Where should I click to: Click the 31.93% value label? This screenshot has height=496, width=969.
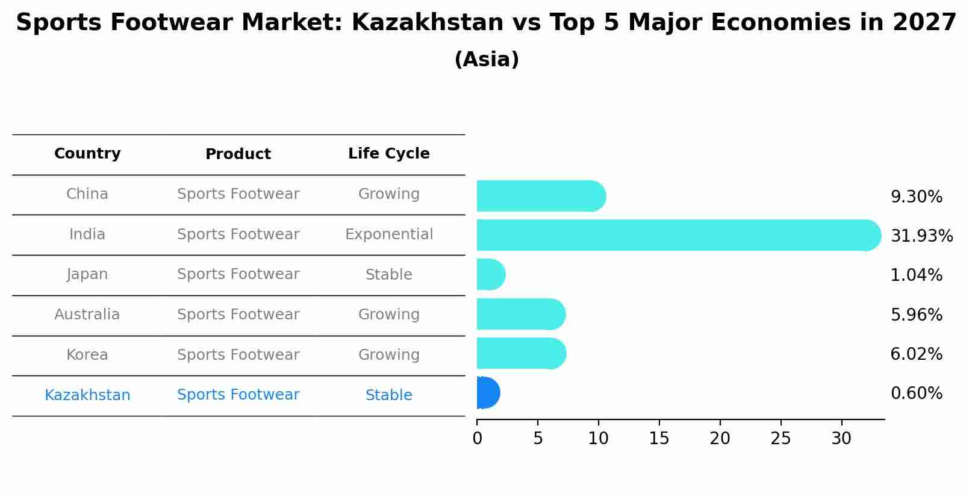[x=921, y=236]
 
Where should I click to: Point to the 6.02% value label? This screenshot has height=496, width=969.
[x=916, y=354]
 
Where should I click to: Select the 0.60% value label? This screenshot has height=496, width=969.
[x=916, y=394]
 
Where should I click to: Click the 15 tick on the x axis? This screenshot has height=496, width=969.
[x=659, y=439]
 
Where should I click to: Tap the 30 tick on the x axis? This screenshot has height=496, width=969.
[x=841, y=439]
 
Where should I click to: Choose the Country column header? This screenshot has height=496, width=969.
[x=87, y=154]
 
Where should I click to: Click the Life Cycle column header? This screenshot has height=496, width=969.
[x=388, y=154]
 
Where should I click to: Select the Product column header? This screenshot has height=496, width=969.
[x=238, y=154]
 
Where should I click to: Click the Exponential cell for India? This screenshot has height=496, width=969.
[x=388, y=234]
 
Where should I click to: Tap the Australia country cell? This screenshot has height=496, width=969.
[x=87, y=315]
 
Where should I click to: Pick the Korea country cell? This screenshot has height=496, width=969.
[x=87, y=355]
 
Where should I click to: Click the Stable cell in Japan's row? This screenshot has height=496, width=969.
[x=388, y=275]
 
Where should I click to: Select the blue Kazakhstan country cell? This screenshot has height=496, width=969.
[x=87, y=395]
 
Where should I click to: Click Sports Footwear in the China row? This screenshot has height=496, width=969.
[x=238, y=194]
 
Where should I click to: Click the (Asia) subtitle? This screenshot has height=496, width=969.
[x=487, y=60]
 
